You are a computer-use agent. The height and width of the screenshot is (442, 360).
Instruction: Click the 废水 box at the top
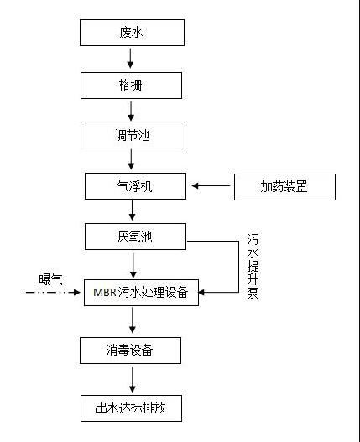pyautogui.click(x=131, y=34)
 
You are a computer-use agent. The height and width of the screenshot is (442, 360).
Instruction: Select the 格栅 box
pyautogui.click(x=131, y=85)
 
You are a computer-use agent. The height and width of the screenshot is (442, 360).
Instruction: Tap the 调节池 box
pyautogui.click(x=131, y=135)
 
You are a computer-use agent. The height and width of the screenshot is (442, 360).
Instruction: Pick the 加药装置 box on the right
pyautogui.click(x=283, y=185)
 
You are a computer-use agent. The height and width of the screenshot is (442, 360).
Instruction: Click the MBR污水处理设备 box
pyautogui.click(x=143, y=294)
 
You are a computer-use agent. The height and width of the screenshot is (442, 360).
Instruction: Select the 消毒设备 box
pyautogui.click(x=131, y=350)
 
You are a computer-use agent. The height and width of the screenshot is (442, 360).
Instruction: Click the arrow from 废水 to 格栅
pyautogui.click(x=131, y=59)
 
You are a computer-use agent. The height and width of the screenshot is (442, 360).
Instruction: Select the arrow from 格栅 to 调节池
pyautogui.click(x=131, y=110)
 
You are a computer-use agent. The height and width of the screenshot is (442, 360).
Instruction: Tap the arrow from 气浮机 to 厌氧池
pyautogui.click(x=131, y=211)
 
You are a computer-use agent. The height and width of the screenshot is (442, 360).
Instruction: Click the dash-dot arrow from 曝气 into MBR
pyautogui.click(x=55, y=294)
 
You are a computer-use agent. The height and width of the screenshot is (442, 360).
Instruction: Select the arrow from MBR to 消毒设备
pyautogui.click(x=131, y=321)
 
